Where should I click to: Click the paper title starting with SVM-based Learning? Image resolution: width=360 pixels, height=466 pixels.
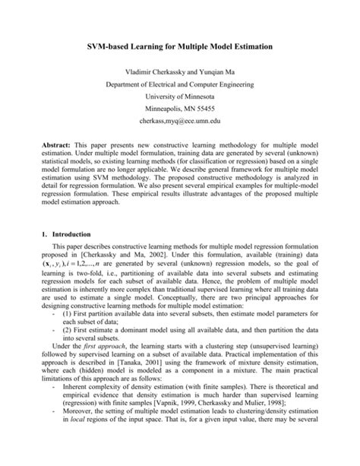[180, 47]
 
